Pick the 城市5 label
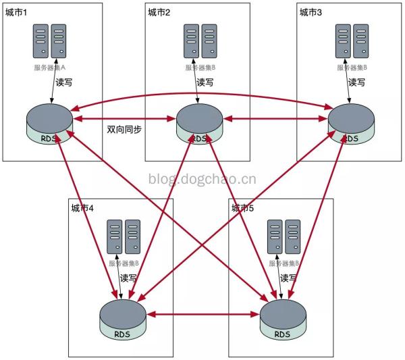point(243,208)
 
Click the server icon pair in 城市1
point(50,41)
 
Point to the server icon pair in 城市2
point(200,41)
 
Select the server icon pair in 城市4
point(124,236)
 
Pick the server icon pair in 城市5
point(283,236)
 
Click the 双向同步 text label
point(124,129)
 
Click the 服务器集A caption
point(50,68)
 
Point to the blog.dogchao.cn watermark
point(202,179)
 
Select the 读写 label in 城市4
point(128,278)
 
